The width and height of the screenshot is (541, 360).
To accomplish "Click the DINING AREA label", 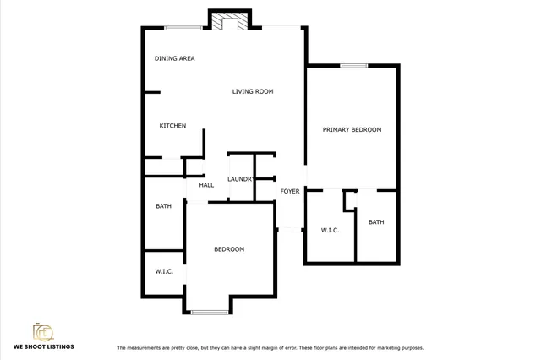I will (175, 58).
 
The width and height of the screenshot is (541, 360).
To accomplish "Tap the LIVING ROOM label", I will (253, 91).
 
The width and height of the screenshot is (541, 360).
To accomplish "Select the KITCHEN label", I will (172, 126).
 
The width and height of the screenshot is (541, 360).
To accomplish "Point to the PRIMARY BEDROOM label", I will (352, 130).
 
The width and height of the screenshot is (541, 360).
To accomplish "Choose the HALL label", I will (206, 185).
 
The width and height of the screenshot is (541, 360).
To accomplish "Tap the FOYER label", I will (290, 191).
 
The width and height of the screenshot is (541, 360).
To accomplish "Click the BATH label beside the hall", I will (163, 206).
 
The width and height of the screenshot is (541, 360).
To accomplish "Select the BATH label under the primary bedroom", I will (375, 222).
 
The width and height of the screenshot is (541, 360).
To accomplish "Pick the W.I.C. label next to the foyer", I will (330, 230).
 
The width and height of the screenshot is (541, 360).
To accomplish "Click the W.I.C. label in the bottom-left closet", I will (163, 271).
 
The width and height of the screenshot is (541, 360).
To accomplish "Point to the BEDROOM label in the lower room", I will (228, 249).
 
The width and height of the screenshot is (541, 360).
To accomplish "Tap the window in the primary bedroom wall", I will (353, 65).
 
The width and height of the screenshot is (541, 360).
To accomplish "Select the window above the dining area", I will (183, 28).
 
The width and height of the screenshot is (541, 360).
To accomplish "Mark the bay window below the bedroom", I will (210, 313).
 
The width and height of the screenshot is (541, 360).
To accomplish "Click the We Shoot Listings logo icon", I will (43, 332).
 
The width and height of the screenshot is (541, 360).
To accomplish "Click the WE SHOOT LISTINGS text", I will (43, 347).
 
